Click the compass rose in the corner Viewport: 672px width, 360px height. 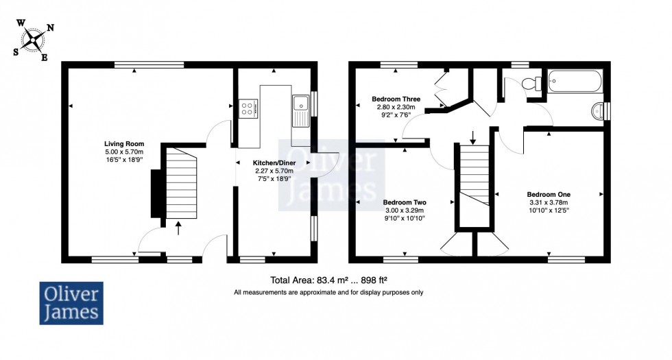pyautogui.click(x=33, y=40)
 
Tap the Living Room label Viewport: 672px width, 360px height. pyautogui.click(x=124, y=144)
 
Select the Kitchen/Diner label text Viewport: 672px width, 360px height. pyautogui.click(x=274, y=163)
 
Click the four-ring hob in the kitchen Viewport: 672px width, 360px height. pyautogui.click(x=248, y=108)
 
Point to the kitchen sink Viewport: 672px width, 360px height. pyautogui.click(x=301, y=110)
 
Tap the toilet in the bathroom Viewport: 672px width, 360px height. pyautogui.click(x=532, y=83)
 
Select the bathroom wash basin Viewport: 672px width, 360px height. pyautogui.click(x=598, y=111)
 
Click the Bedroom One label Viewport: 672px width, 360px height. pyautogui.click(x=549, y=195)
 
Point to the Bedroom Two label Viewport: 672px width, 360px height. pyautogui.click(x=405, y=202)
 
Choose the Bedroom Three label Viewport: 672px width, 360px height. pyautogui.click(x=396, y=99)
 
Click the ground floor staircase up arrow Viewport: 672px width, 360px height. pyautogui.click(x=179, y=228)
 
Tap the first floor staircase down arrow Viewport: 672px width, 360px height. pyautogui.click(x=472, y=138)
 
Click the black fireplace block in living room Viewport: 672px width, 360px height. pyautogui.click(x=156, y=193)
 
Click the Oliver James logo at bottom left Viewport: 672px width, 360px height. pyautogui.click(x=71, y=303)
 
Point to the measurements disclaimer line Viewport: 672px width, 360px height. pyautogui.click(x=328, y=293)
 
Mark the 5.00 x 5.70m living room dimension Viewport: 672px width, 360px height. pyautogui.click(x=124, y=152)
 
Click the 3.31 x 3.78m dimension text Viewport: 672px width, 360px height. pyautogui.click(x=549, y=203)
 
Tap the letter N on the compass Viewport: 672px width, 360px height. pyautogui.click(x=50, y=28)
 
